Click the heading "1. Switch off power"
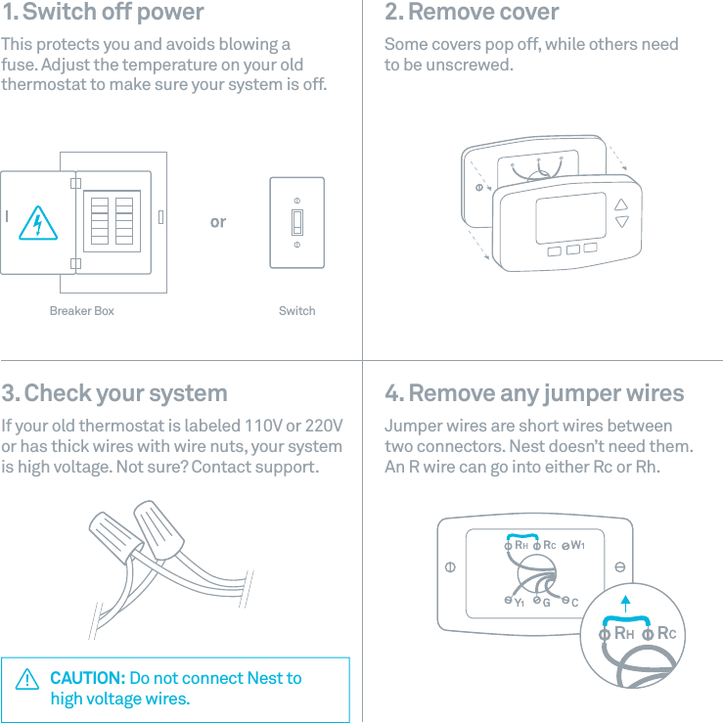[x=103, y=13]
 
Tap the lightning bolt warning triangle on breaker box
[x=37, y=224]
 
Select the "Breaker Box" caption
[x=81, y=311]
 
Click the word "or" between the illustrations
[x=217, y=222]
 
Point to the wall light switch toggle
[x=296, y=222]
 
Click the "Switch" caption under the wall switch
[x=296, y=311]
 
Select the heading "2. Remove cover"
[x=472, y=13]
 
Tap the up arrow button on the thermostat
[x=622, y=205]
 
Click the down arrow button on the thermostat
[x=622, y=223]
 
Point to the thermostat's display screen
[x=570, y=217]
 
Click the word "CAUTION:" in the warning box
[x=87, y=678]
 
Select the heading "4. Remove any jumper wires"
[x=534, y=393]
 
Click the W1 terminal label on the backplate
[x=578, y=544]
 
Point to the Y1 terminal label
[x=520, y=603]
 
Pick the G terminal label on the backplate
[x=547, y=602]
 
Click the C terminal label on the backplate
[x=575, y=602]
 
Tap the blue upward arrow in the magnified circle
[x=625, y=601]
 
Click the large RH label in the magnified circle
[x=623, y=633]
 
